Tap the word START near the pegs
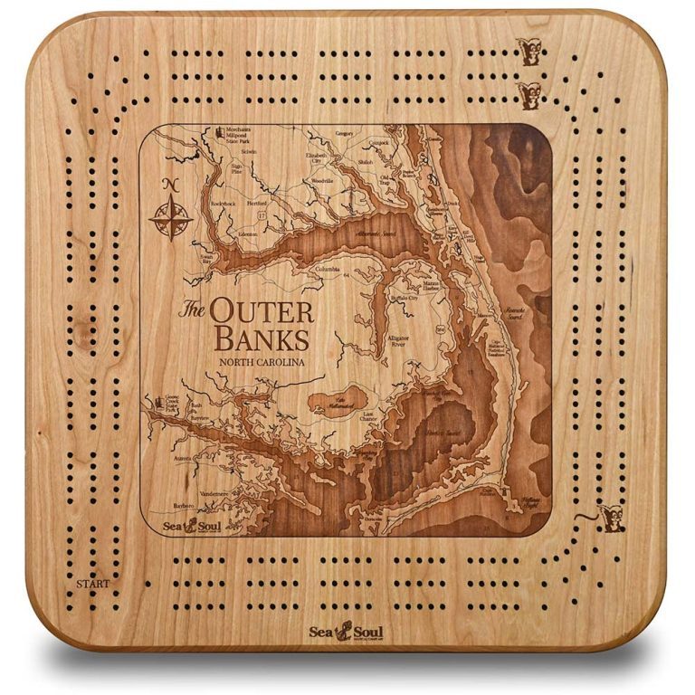pyautogui.click(x=93, y=584)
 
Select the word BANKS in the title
pyautogui.click(x=261, y=340)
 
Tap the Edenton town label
pyautogui.click(x=247, y=233)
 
